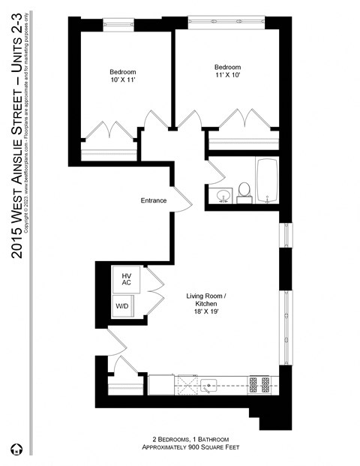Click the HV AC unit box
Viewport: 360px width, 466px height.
(x=125, y=279)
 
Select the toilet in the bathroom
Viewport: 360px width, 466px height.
(x=244, y=193)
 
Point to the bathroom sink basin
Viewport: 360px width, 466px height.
(x=222, y=197)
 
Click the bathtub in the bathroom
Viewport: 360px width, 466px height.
(x=268, y=181)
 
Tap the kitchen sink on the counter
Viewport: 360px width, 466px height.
(x=208, y=386)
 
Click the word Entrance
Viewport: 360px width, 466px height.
(x=153, y=200)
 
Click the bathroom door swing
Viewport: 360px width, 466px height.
(x=214, y=172)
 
